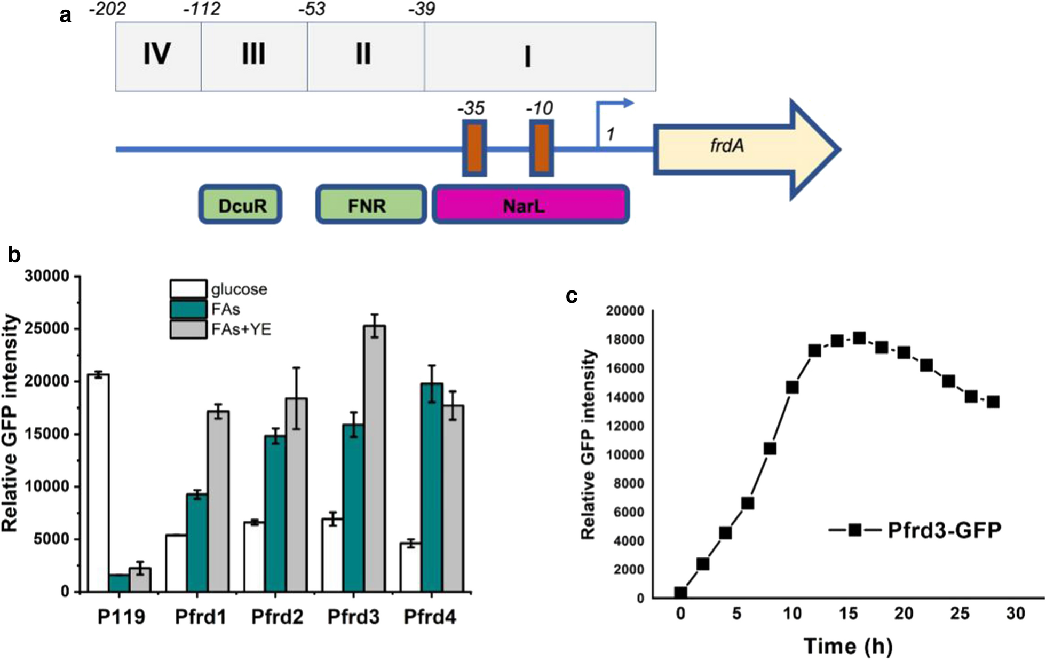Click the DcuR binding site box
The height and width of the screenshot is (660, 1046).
click(241, 205)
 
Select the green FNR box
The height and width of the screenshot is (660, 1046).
click(371, 205)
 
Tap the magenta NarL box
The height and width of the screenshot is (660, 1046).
click(530, 205)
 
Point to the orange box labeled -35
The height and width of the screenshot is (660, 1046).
click(474, 148)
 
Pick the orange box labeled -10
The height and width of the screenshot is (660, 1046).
click(541, 148)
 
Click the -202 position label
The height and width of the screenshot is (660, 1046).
click(107, 9)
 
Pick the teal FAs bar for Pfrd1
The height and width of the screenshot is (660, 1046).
click(197, 543)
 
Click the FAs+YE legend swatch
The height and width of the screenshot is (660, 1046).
click(188, 329)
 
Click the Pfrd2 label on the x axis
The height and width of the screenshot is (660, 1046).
click(277, 617)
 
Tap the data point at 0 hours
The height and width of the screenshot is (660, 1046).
click(680, 593)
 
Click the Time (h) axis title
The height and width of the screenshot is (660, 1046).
click(848, 646)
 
